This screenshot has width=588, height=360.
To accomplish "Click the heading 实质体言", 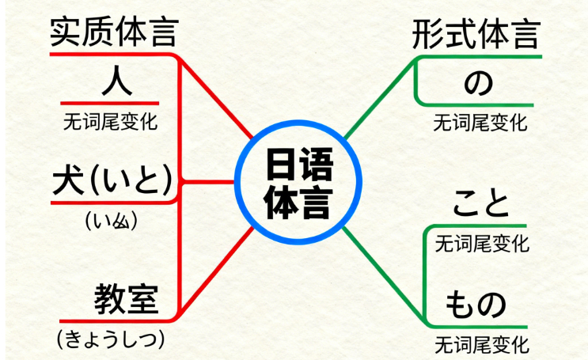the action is click(x=113, y=32).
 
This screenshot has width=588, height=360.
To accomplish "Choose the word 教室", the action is click(x=127, y=299).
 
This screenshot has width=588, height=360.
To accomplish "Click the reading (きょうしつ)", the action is click(x=111, y=339).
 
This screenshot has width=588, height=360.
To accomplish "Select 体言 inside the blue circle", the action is click(x=299, y=200).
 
